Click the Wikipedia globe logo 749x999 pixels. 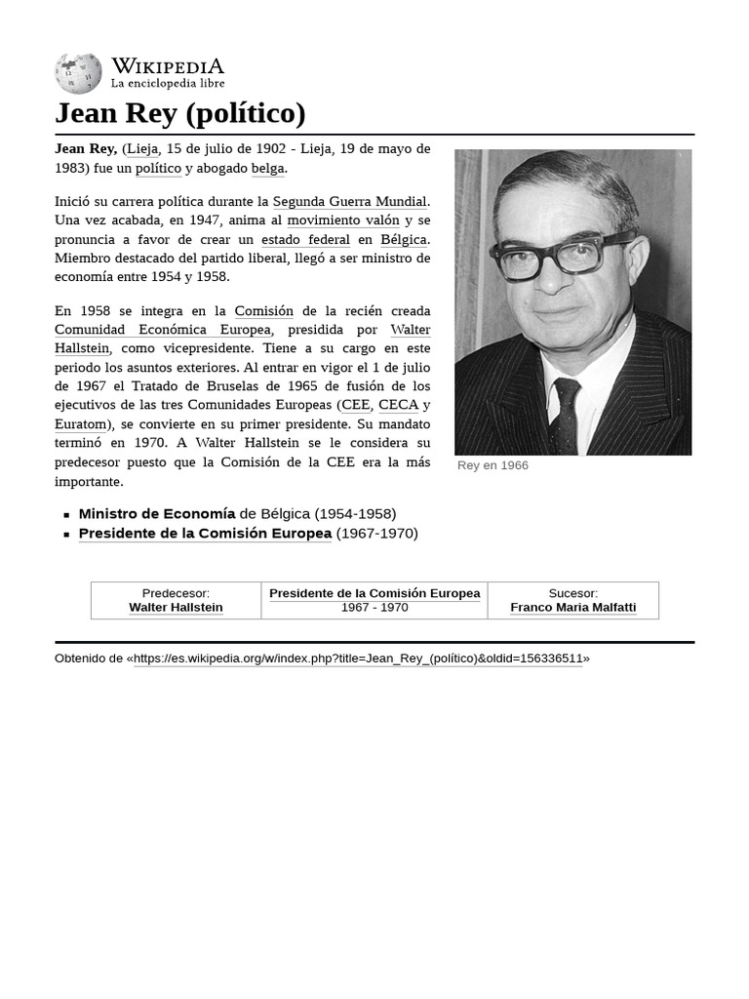point(78,73)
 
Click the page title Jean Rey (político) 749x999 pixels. point(180,113)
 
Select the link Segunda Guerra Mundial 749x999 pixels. point(349,202)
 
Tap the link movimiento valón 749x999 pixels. point(342,220)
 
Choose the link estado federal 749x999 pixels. point(305,240)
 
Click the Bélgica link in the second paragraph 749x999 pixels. point(403,240)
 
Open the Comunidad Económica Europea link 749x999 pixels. point(163,330)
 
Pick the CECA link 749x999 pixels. point(398,405)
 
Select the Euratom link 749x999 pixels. point(80,424)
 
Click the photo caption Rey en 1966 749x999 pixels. point(493,465)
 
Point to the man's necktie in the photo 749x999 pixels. point(565,414)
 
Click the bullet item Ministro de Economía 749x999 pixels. point(157,513)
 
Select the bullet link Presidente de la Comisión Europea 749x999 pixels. point(205,534)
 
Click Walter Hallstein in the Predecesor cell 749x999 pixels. point(176,607)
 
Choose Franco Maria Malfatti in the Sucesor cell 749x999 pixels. point(572,607)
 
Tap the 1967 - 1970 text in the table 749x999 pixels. point(374,607)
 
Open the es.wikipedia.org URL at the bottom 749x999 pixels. point(358,659)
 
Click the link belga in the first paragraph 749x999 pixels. point(267,168)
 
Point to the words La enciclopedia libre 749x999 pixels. point(167,84)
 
